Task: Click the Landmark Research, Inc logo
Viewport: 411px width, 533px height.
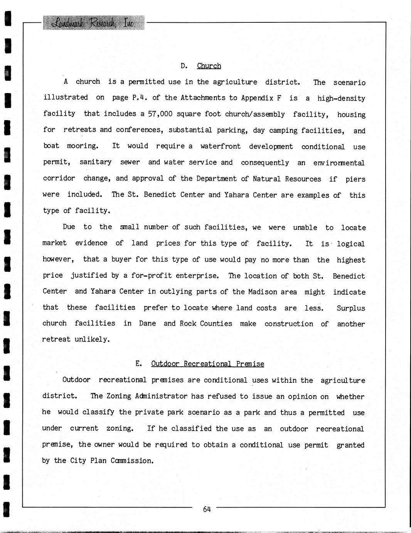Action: [93, 23]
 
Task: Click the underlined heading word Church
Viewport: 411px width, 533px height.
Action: [209, 66]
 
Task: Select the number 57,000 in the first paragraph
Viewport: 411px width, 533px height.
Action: [160, 114]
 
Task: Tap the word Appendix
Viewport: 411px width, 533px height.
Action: [257, 98]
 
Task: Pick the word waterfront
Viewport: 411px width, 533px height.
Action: [221, 146]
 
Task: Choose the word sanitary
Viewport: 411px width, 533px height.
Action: [96, 162]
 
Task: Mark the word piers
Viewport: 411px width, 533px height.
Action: [355, 179]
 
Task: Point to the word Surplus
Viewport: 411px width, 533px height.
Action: [350, 308]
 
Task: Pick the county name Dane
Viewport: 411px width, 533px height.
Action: [147, 324]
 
